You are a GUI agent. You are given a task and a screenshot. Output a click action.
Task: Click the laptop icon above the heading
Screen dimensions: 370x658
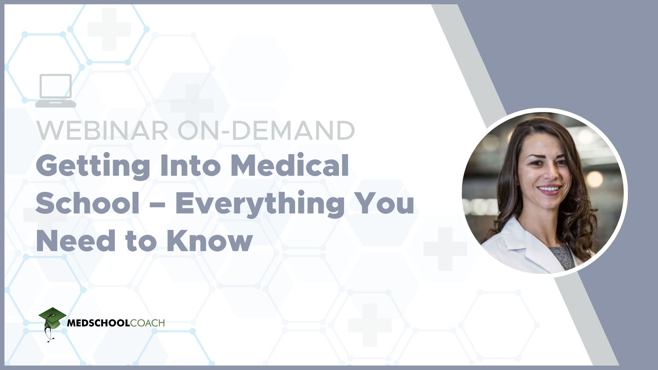pos(56,90)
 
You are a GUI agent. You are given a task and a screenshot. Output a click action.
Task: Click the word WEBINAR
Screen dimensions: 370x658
pos(102,131)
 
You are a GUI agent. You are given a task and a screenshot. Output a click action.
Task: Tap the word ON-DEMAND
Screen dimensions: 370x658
pos(266,131)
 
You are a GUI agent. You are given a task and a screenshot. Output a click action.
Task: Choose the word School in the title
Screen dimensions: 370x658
pos(87,203)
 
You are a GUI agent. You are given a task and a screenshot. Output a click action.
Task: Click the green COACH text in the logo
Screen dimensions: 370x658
pos(147,323)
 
